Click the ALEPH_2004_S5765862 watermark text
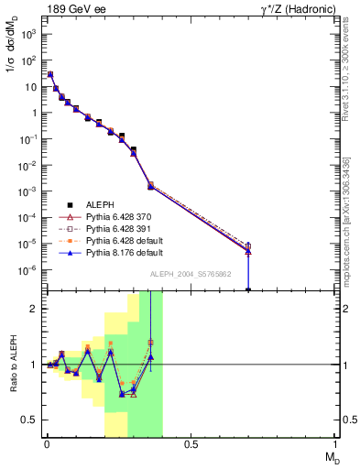[x=191, y=274]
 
